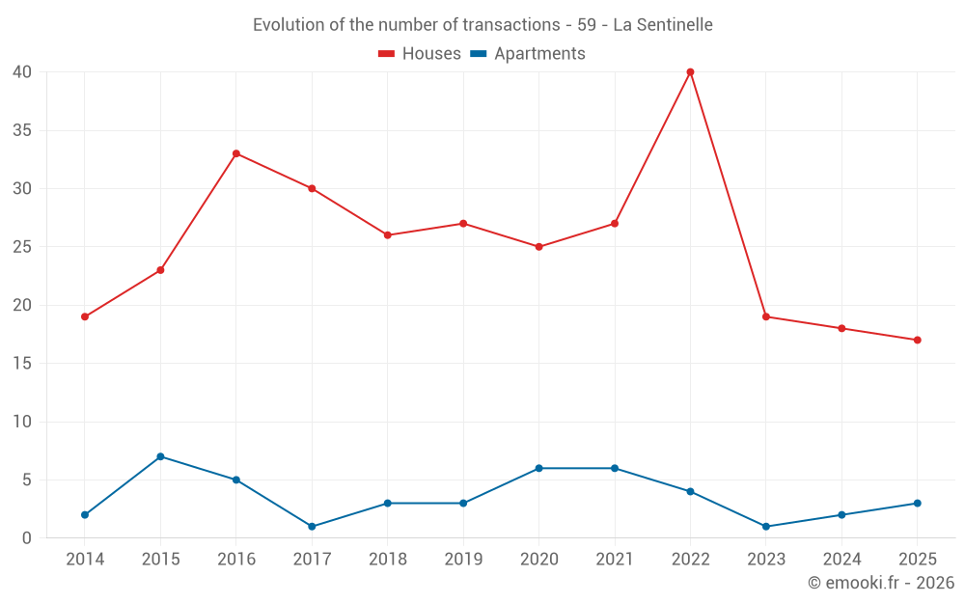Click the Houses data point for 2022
coord(690,72)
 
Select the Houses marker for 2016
coord(236,153)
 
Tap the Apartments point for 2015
coord(160,456)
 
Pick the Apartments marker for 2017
coord(312,527)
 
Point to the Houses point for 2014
coord(85,316)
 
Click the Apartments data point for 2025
coord(917,504)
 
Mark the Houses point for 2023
coord(766,316)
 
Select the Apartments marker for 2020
coord(538,468)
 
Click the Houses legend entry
coord(420,54)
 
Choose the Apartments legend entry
coord(528,54)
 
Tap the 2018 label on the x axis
coord(387,560)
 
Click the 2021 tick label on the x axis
coord(615,560)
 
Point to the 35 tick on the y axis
coord(22,130)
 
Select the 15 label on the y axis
coord(22,364)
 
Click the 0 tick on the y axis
coord(27,538)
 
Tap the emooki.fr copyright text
coord(881,583)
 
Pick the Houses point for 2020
coord(538,247)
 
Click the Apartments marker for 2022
coord(690,491)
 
